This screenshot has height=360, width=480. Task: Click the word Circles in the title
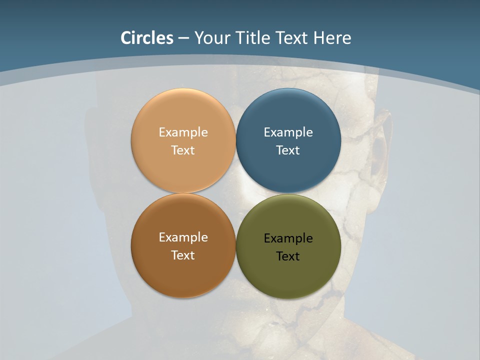click(147, 38)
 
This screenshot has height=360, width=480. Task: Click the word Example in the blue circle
click(288, 132)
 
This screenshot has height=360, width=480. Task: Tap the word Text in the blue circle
click(288, 150)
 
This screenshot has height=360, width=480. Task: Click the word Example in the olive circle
click(288, 238)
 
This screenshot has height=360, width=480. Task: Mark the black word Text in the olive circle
click(288, 256)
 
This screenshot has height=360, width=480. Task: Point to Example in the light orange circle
click(183, 132)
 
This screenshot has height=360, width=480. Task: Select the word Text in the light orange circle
click(183, 150)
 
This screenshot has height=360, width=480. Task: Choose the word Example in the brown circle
click(183, 237)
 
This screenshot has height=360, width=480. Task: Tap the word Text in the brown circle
click(183, 255)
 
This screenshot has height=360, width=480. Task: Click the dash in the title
click(183, 38)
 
